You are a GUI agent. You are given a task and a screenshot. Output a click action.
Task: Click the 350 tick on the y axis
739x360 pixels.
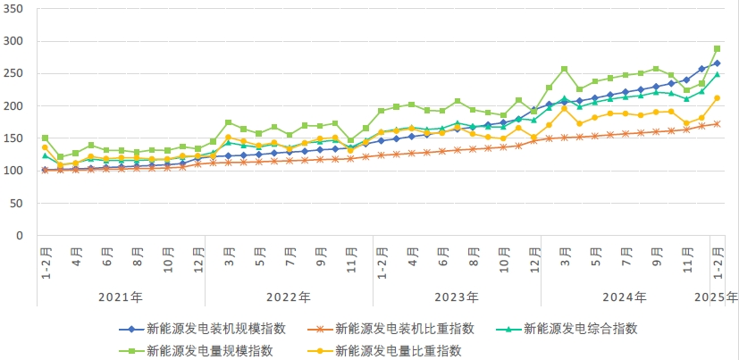pyautogui.click(x=16, y=9)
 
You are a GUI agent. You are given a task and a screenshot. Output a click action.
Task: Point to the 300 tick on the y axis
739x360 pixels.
pyautogui.click(x=16, y=42)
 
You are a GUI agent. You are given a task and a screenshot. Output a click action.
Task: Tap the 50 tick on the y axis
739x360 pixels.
pyautogui.click(x=20, y=204)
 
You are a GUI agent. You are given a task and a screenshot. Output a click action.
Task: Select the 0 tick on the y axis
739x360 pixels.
pyautogui.click(x=22, y=236)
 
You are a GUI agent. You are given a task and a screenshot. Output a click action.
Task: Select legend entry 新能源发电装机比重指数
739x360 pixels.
pyautogui.click(x=411, y=329)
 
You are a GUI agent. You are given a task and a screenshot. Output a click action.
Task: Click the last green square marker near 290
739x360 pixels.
pyautogui.click(x=717, y=49)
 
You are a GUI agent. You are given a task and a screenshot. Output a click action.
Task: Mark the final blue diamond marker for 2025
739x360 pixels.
pyautogui.click(x=717, y=63)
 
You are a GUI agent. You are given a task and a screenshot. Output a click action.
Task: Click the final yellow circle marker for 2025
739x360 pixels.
pyautogui.click(x=717, y=98)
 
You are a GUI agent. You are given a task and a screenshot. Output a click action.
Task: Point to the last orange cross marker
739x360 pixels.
pyautogui.click(x=717, y=124)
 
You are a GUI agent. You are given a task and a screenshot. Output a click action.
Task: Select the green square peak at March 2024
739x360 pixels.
pyautogui.click(x=564, y=69)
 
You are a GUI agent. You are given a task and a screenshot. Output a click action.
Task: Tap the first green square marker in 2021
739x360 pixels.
pyautogui.click(x=45, y=138)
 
